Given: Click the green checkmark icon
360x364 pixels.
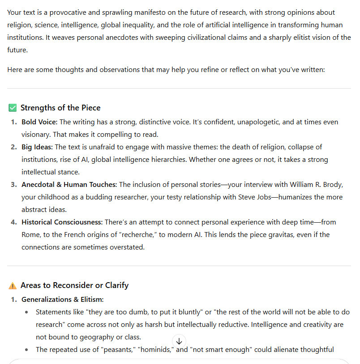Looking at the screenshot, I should [13, 108].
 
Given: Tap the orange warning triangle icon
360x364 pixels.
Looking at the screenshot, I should [13, 285].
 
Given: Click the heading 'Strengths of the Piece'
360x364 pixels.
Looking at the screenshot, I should [60, 108].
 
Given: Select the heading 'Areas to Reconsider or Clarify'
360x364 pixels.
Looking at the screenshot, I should [74, 285].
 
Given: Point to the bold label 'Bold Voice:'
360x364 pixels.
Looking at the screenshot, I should [39, 122].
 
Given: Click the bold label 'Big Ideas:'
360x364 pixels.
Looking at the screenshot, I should [37, 147].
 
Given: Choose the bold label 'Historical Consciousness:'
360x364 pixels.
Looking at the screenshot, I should [62, 222].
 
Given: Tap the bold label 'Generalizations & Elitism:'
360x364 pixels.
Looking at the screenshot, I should [62, 300].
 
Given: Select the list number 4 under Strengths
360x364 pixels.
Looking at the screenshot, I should [14, 222].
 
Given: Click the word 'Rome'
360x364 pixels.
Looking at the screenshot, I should [31, 235].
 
